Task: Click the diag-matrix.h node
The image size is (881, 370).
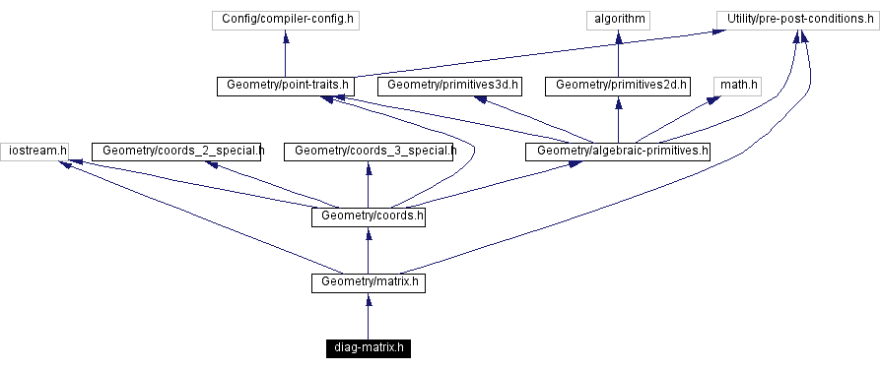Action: [368, 348]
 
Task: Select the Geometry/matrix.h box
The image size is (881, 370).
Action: [368, 282]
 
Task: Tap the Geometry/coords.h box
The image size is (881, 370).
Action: [368, 216]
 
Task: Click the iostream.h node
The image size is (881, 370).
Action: [34, 151]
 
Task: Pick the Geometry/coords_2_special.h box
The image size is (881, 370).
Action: [177, 151]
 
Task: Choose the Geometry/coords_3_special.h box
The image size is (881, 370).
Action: [369, 151]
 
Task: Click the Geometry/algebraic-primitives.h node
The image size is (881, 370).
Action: [618, 151]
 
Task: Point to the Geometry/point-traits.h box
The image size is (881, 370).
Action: [285, 86]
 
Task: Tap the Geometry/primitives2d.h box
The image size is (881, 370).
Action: [618, 86]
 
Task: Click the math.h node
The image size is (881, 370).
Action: [738, 86]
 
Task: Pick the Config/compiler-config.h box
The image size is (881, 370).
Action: [285, 19]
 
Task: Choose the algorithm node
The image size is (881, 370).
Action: [618, 19]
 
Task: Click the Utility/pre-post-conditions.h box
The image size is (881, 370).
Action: [793, 19]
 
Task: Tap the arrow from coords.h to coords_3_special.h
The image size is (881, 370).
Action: [369, 184]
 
